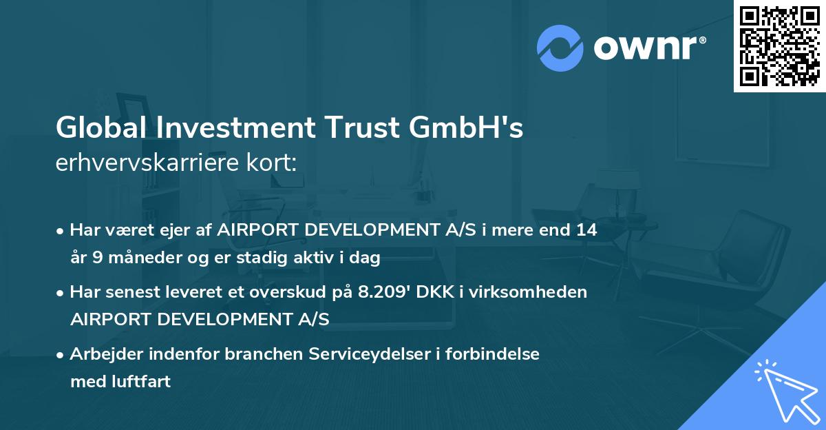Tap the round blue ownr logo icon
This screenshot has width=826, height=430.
(560, 48)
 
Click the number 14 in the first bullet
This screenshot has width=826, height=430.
(586, 230)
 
